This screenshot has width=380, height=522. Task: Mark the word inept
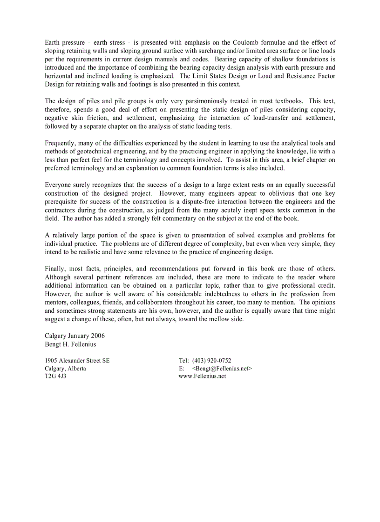[x=243, y=210]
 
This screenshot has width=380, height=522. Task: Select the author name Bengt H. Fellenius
[x=70, y=344]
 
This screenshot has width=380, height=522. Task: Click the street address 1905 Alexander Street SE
[x=77, y=360]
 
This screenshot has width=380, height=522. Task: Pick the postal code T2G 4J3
[x=55, y=376]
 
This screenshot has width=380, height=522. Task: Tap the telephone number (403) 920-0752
[x=211, y=360]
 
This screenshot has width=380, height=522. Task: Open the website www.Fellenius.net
[x=202, y=376]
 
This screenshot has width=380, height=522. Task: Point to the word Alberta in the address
[x=76, y=368]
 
